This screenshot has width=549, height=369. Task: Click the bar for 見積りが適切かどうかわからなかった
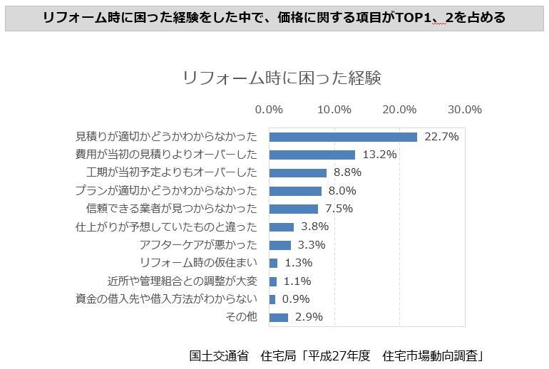[x=343, y=137]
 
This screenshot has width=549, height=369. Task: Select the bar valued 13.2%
[x=312, y=155]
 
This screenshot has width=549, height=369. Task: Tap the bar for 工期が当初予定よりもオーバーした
[x=297, y=173]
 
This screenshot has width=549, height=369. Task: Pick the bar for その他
[x=278, y=317]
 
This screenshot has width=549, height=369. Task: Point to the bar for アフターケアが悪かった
[x=279, y=245]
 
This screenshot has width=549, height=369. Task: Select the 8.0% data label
[x=342, y=191]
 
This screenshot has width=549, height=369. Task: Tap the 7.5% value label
[x=339, y=209]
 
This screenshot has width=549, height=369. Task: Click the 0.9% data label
[x=296, y=299]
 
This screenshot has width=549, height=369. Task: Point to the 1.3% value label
[x=298, y=263]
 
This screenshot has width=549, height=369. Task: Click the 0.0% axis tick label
[x=269, y=110]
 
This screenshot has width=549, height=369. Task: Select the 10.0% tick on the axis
[x=334, y=110]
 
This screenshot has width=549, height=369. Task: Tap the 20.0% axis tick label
[x=399, y=110]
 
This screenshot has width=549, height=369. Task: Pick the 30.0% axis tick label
[x=465, y=110]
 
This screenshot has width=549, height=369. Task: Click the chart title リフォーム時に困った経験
[x=282, y=78]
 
